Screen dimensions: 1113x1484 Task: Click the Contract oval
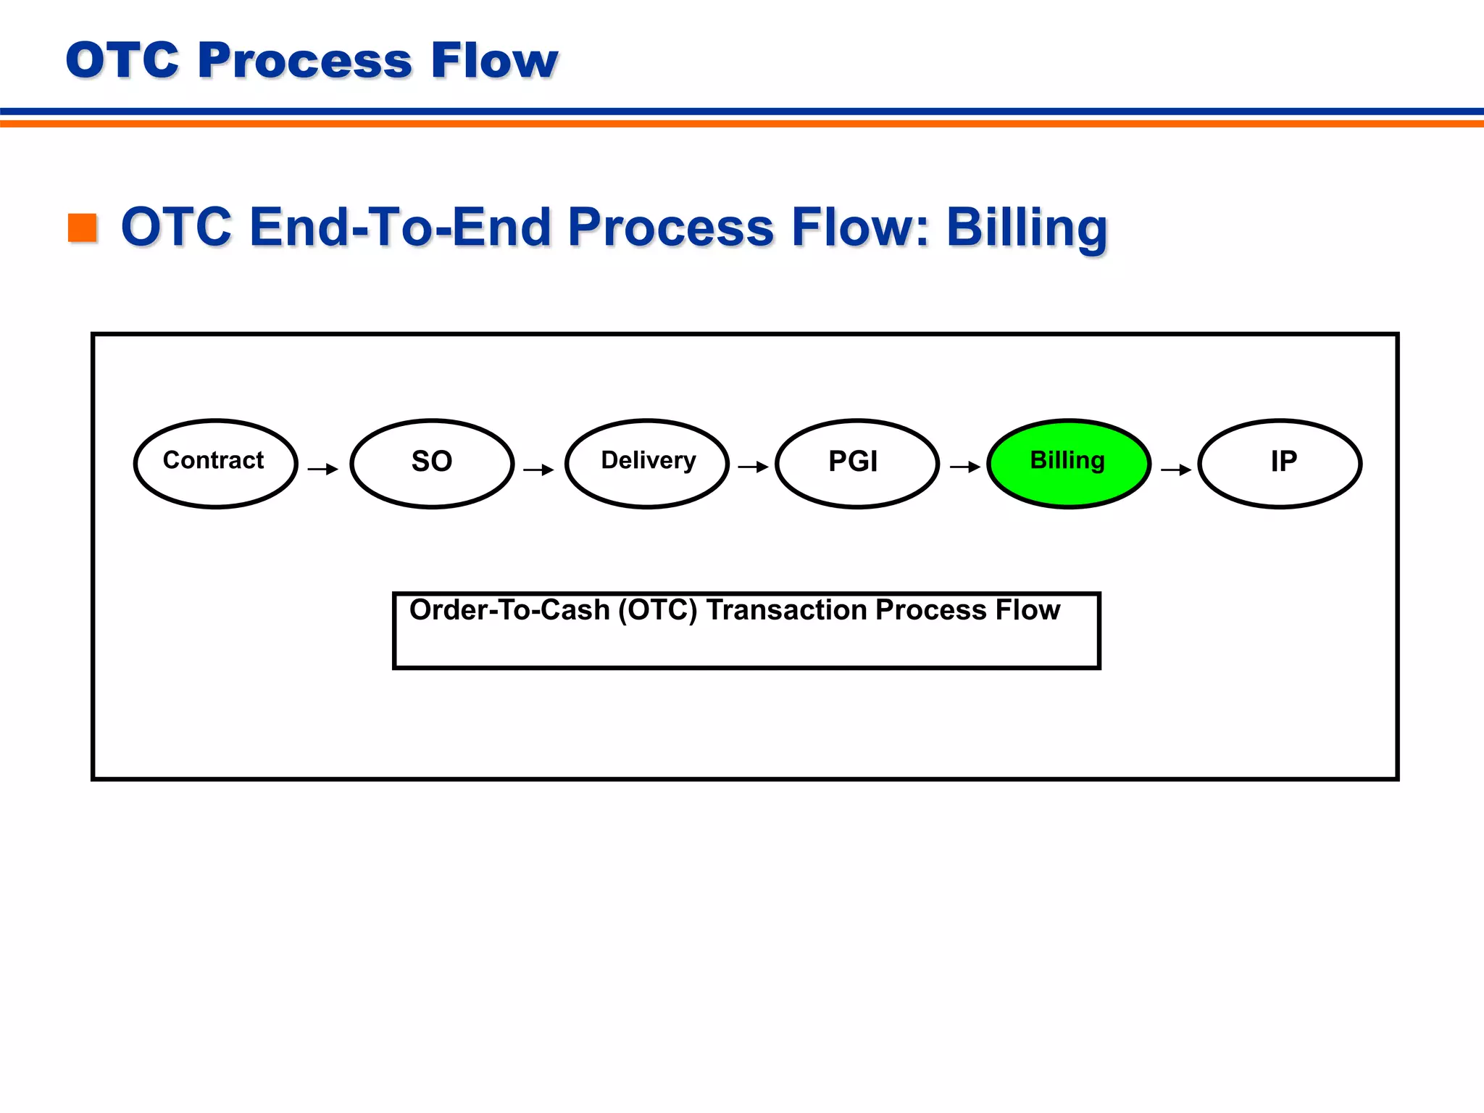click(215, 463)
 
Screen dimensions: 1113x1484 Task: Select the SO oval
click(432, 463)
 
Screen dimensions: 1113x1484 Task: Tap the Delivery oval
click(647, 463)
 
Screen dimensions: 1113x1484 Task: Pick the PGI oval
click(856, 463)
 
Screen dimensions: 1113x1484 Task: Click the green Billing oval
click(1069, 463)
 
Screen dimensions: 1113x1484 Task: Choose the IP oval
click(1280, 463)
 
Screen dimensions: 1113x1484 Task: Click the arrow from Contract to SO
click(323, 469)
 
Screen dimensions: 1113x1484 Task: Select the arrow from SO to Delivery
click(538, 470)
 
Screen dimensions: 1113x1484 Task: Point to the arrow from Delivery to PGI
click(753, 467)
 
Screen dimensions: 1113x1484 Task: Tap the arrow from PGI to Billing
click(965, 467)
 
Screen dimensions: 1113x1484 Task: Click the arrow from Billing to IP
click(1176, 470)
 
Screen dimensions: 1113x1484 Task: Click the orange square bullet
click(83, 228)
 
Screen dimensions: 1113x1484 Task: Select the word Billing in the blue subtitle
click(1027, 228)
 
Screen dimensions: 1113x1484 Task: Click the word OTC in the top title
click(122, 60)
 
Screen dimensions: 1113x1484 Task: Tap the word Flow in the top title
click(494, 60)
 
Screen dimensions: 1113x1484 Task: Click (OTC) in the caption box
click(657, 610)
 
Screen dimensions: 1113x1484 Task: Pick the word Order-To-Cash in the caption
click(509, 610)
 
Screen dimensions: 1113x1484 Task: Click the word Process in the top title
click(304, 60)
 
